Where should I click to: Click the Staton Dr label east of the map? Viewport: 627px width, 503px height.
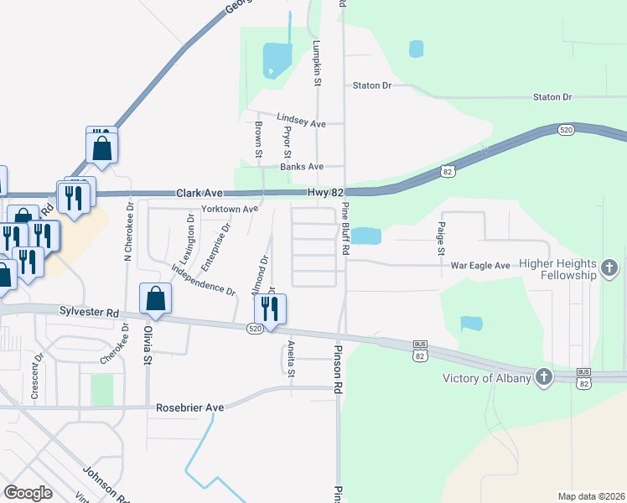[552, 97]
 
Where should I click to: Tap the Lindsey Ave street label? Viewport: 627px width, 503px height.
[301, 123]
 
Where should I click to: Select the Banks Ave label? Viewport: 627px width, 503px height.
[302, 167]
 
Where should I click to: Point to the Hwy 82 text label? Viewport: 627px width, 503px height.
[326, 194]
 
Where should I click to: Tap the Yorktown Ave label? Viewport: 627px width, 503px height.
[230, 209]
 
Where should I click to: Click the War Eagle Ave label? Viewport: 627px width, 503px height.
[480, 266]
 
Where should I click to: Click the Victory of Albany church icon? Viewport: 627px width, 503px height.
[544, 377]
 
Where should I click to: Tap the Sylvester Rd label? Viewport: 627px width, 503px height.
[90, 312]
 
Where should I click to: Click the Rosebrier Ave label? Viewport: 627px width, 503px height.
[190, 407]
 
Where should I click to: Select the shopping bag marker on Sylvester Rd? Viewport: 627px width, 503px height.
[156, 298]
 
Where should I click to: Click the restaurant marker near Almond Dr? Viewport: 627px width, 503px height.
[270, 309]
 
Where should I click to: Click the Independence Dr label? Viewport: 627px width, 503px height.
[203, 279]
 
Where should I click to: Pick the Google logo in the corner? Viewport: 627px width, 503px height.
[28, 493]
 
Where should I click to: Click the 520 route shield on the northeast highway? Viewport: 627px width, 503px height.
[567, 130]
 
